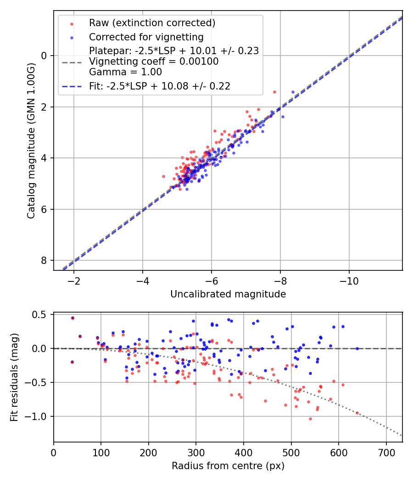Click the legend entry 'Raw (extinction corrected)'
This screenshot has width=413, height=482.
pyautogui.click(x=152, y=23)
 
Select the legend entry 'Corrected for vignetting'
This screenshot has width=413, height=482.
pyautogui.click(x=146, y=37)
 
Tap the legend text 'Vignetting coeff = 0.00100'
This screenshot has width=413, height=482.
pyautogui.click(x=154, y=61)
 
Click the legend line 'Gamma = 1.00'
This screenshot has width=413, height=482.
pyautogui.click(x=125, y=72)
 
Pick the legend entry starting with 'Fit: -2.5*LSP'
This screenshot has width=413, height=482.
pyautogui.click(x=159, y=86)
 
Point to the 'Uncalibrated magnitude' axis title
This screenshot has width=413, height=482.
pyautogui.click(x=228, y=294)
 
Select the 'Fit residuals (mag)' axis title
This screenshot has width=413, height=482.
pyautogui.click(x=14, y=377)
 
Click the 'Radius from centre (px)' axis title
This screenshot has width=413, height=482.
pyautogui.click(x=228, y=466)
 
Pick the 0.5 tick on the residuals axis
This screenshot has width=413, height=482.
pyautogui.click(x=41, y=314)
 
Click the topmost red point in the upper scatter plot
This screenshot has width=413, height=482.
pyautogui.click(x=274, y=92)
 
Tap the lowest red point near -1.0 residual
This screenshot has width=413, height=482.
pyautogui.click(x=310, y=419)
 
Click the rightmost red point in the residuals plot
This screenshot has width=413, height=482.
pyautogui.click(x=357, y=413)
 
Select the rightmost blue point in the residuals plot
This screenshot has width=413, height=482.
pyautogui.click(x=357, y=348)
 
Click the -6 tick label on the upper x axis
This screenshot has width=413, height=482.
pyautogui.click(x=211, y=281)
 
